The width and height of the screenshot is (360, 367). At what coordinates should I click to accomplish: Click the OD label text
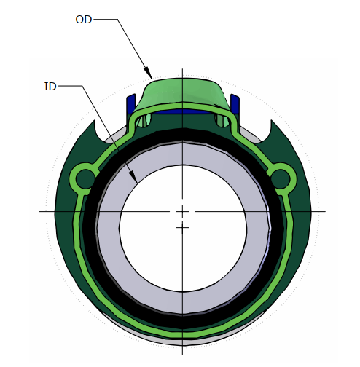pyautogui.click(x=84, y=19)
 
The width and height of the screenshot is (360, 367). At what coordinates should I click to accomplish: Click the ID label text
pyautogui.click(x=50, y=87)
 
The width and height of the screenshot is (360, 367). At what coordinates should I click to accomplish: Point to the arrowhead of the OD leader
pyautogui.click(x=151, y=77)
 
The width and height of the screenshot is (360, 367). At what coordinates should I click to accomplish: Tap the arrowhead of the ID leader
pyautogui.click(x=136, y=180)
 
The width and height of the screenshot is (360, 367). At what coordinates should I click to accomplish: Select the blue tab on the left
pyautogui.click(x=131, y=103)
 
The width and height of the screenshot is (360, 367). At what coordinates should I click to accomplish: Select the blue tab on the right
pyautogui.click(x=235, y=103)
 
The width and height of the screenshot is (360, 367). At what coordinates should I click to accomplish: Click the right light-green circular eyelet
pyautogui.click(x=282, y=177)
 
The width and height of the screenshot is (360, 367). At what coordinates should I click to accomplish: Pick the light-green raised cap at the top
pyautogui.click(x=182, y=93)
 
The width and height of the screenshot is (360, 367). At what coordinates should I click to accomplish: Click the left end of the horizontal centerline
pyautogui.click(x=41, y=211)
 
